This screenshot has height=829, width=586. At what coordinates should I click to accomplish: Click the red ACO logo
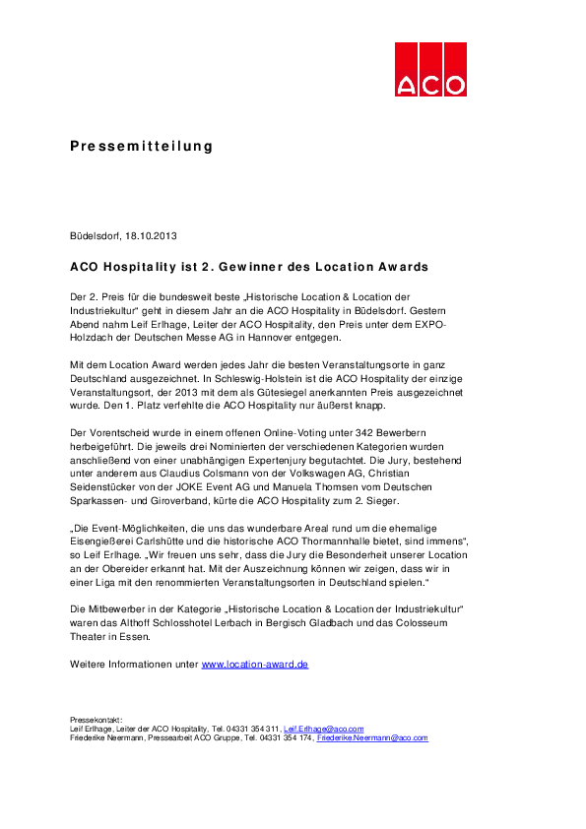pos(430,69)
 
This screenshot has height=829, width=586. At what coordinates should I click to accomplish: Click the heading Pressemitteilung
pos(141,147)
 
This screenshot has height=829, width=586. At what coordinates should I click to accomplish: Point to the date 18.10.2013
pos(152,236)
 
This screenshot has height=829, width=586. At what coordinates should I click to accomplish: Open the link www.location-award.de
pos(255,665)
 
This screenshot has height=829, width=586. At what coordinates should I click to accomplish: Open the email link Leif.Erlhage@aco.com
pos(324,729)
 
